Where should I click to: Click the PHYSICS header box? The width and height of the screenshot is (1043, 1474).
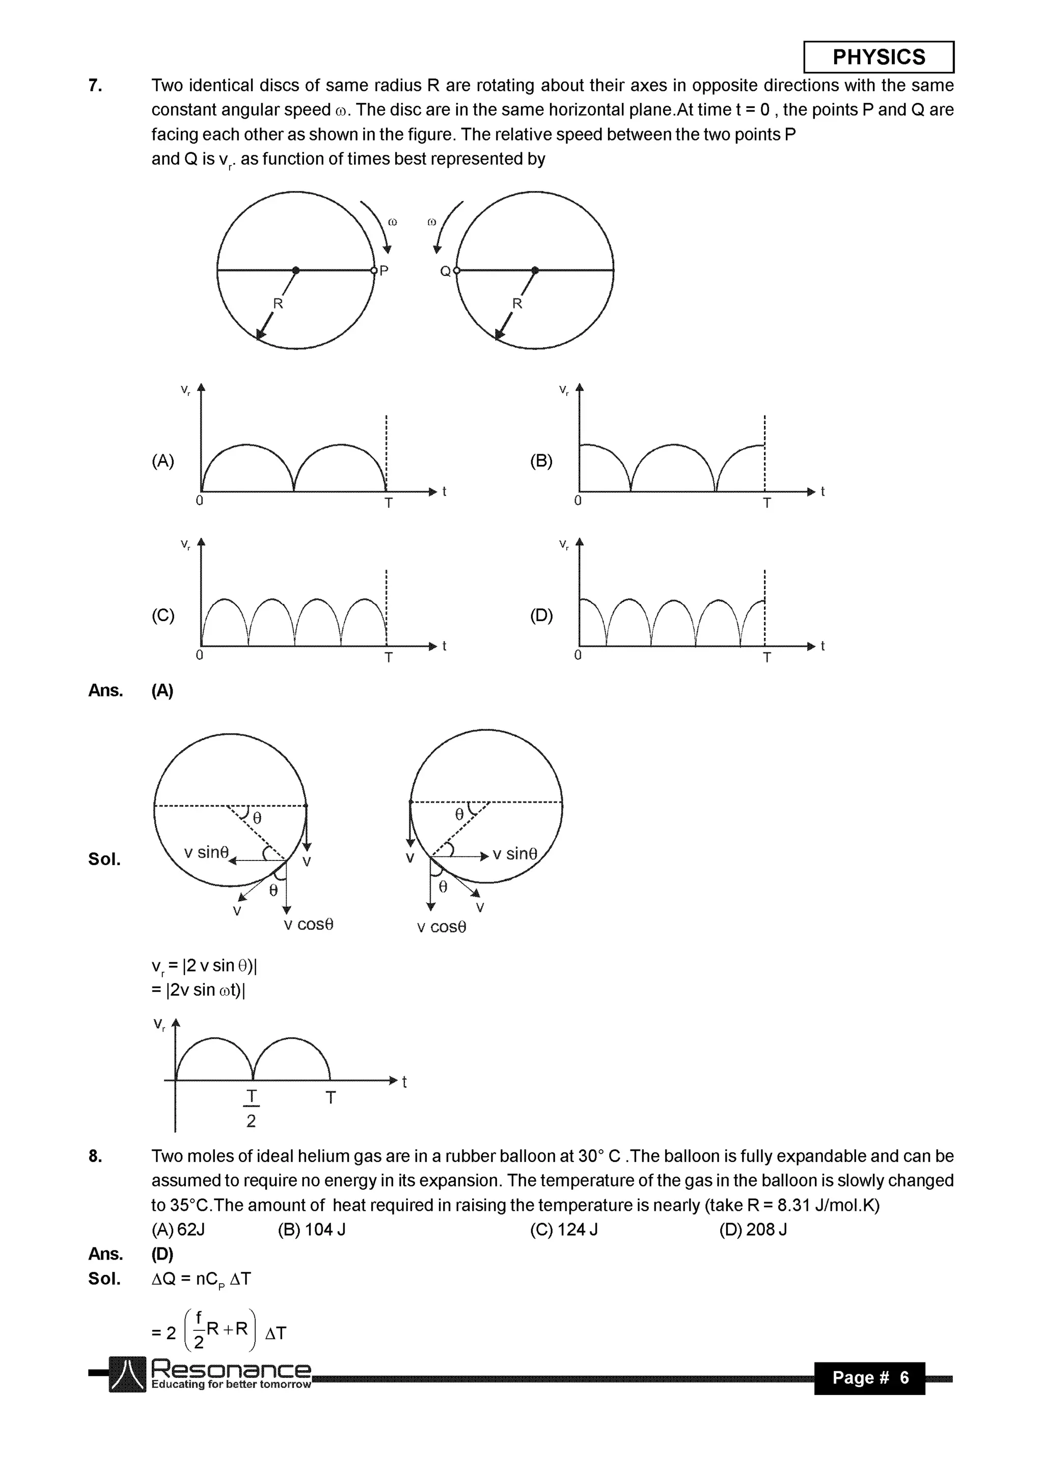click(x=878, y=57)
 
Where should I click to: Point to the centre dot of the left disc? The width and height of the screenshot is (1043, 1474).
click(x=295, y=270)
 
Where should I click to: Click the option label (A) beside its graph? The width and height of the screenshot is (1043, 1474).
click(x=162, y=460)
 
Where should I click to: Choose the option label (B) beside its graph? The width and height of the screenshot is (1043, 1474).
click(x=541, y=460)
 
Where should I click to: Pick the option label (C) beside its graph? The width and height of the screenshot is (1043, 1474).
click(x=162, y=615)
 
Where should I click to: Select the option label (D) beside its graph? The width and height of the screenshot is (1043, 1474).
click(x=541, y=615)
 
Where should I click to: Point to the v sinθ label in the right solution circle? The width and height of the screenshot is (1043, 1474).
click(x=514, y=853)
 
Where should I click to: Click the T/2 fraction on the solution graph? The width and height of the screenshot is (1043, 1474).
click(x=251, y=1107)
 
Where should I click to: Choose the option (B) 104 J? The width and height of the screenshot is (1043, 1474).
click(x=312, y=1230)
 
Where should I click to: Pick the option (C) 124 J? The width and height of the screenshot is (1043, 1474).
click(x=563, y=1230)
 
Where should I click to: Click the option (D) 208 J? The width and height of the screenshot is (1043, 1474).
click(x=753, y=1230)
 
